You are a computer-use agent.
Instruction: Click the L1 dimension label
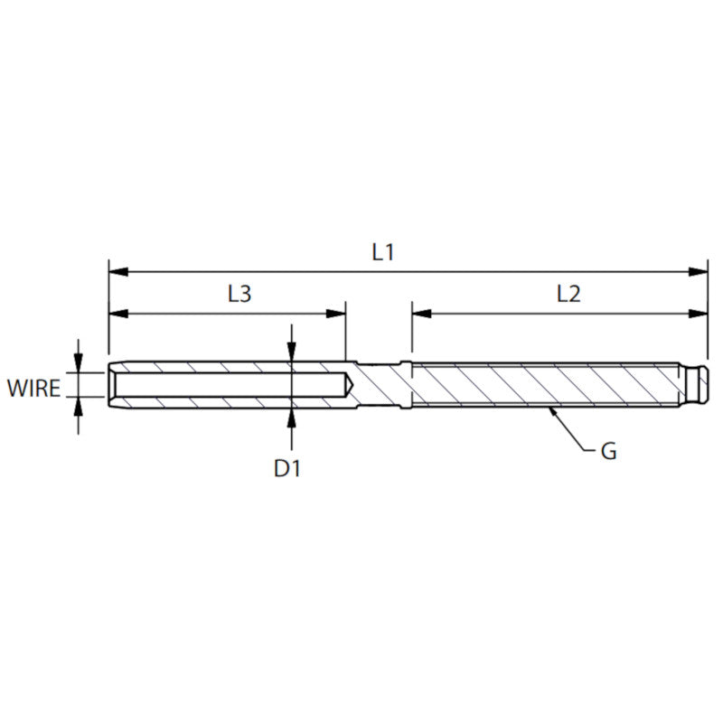383,252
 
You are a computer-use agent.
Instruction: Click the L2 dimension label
568,294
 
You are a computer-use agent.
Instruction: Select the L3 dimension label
239,294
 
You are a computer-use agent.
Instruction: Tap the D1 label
286,468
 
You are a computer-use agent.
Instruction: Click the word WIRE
34,390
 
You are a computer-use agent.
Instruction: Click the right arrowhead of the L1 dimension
700,271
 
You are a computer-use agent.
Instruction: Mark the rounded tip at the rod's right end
704,385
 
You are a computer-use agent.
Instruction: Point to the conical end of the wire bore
349,385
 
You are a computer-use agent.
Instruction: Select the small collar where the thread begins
408,385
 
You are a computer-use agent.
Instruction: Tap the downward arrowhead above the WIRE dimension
79,364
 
